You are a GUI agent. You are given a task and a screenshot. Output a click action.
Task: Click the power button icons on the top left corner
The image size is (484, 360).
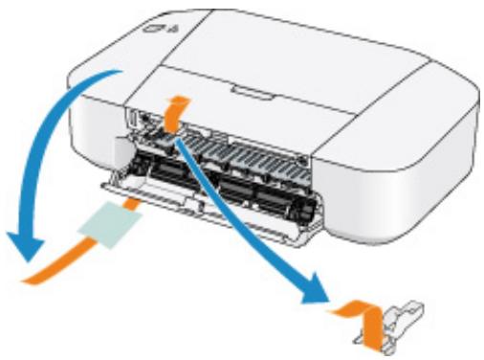click(x=154, y=28)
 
